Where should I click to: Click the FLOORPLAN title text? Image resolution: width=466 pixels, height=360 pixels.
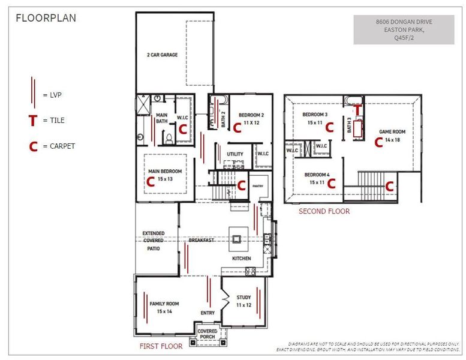[x=46, y=18]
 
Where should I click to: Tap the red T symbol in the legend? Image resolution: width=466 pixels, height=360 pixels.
[x=32, y=121]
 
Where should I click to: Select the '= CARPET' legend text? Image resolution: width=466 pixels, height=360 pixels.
[x=59, y=146]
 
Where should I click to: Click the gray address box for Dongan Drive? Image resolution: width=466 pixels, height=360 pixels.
[x=403, y=30]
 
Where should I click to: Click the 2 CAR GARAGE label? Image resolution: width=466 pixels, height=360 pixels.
[x=162, y=55]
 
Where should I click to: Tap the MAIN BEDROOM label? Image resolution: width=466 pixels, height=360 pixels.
[x=165, y=171]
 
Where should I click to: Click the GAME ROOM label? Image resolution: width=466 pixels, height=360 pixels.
[x=392, y=131]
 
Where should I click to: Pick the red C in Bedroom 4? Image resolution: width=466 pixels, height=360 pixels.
[x=330, y=185]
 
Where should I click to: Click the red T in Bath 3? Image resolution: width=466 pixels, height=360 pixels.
[x=357, y=110]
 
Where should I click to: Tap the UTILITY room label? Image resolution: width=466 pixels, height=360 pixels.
[x=235, y=154]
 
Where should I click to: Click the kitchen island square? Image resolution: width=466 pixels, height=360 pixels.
[x=237, y=239]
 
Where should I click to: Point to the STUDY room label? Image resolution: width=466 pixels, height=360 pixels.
[x=243, y=297]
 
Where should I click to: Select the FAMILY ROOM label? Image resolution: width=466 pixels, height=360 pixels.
[x=164, y=304]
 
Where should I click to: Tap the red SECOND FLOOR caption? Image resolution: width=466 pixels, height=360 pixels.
[x=324, y=211]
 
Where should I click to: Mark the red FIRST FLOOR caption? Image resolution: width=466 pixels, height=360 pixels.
[x=161, y=346]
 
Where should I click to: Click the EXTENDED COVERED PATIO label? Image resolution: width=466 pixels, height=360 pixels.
[x=153, y=240]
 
